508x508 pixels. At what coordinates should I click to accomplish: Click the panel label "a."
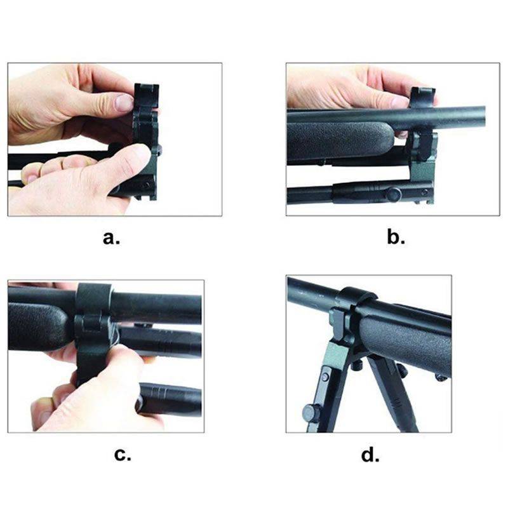coord(112,238)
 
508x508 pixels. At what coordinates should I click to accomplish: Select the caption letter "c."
coord(123,455)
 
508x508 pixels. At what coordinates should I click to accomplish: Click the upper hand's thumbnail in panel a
coord(124,102)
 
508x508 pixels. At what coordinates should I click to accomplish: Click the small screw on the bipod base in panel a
coord(146,185)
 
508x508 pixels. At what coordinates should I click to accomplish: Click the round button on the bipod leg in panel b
coord(394,194)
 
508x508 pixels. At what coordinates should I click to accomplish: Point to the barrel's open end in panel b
coord(483,117)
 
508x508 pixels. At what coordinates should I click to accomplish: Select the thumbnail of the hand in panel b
coord(401,103)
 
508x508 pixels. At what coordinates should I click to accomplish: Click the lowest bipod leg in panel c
coord(171,399)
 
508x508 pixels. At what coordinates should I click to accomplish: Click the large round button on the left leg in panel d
coord(311,411)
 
